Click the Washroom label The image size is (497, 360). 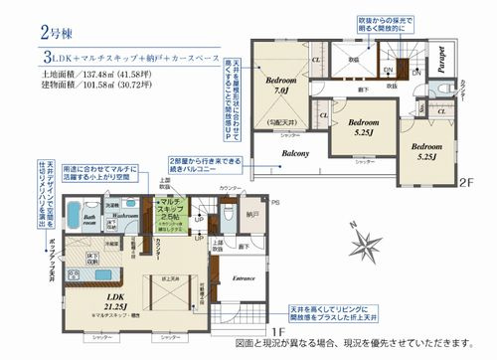click(123, 214)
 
